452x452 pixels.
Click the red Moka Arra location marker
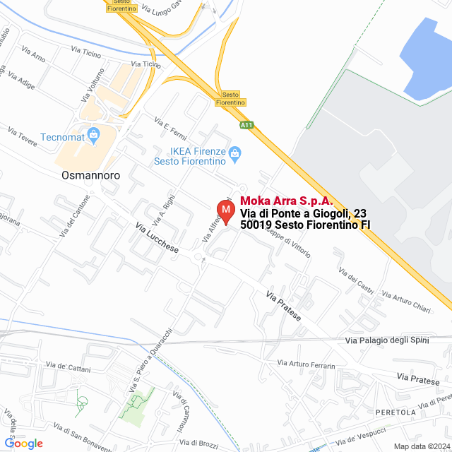pyautogui.click(x=225, y=211)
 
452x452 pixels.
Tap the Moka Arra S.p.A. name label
pyautogui.click(x=287, y=201)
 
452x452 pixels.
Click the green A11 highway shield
pyautogui.click(x=246, y=126)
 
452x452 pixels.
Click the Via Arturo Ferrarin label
pyautogui.click(x=306, y=364)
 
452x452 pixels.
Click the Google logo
pyautogui.click(x=23, y=444)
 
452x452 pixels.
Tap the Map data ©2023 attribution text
pyautogui.click(x=421, y=446)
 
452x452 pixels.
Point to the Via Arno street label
pyautogui.click(x=33, y=54)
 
